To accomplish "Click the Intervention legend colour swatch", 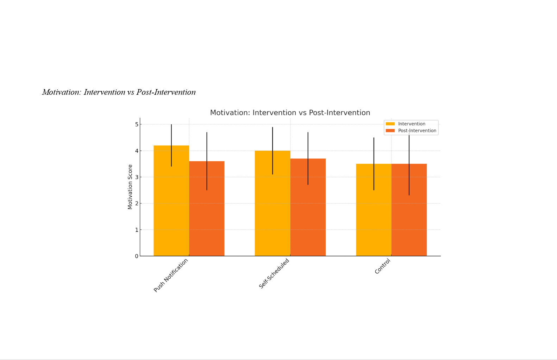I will tap(390, 124).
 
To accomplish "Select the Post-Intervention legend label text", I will tap(417, 131).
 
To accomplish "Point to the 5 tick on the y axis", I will tap(137, 124).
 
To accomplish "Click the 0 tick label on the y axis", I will tap(137, 256).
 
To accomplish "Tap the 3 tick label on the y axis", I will tap(137, 177).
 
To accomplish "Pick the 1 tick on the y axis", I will tap(137, 230).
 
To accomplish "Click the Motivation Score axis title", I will tap(130, 187).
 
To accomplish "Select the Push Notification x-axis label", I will tap(171, 275).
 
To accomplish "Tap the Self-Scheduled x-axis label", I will tap(274, 273).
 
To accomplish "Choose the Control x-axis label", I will tap(382, 266).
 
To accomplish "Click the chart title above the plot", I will tap(290, 113).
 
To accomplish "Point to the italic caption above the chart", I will tap(119, 92).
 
